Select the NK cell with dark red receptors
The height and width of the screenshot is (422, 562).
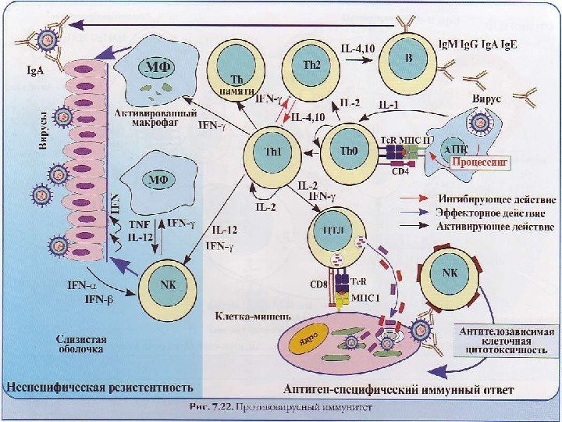(450, 275)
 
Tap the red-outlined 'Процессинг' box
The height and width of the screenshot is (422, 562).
(478, 163)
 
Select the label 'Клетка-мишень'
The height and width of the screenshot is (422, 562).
(252, 316)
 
